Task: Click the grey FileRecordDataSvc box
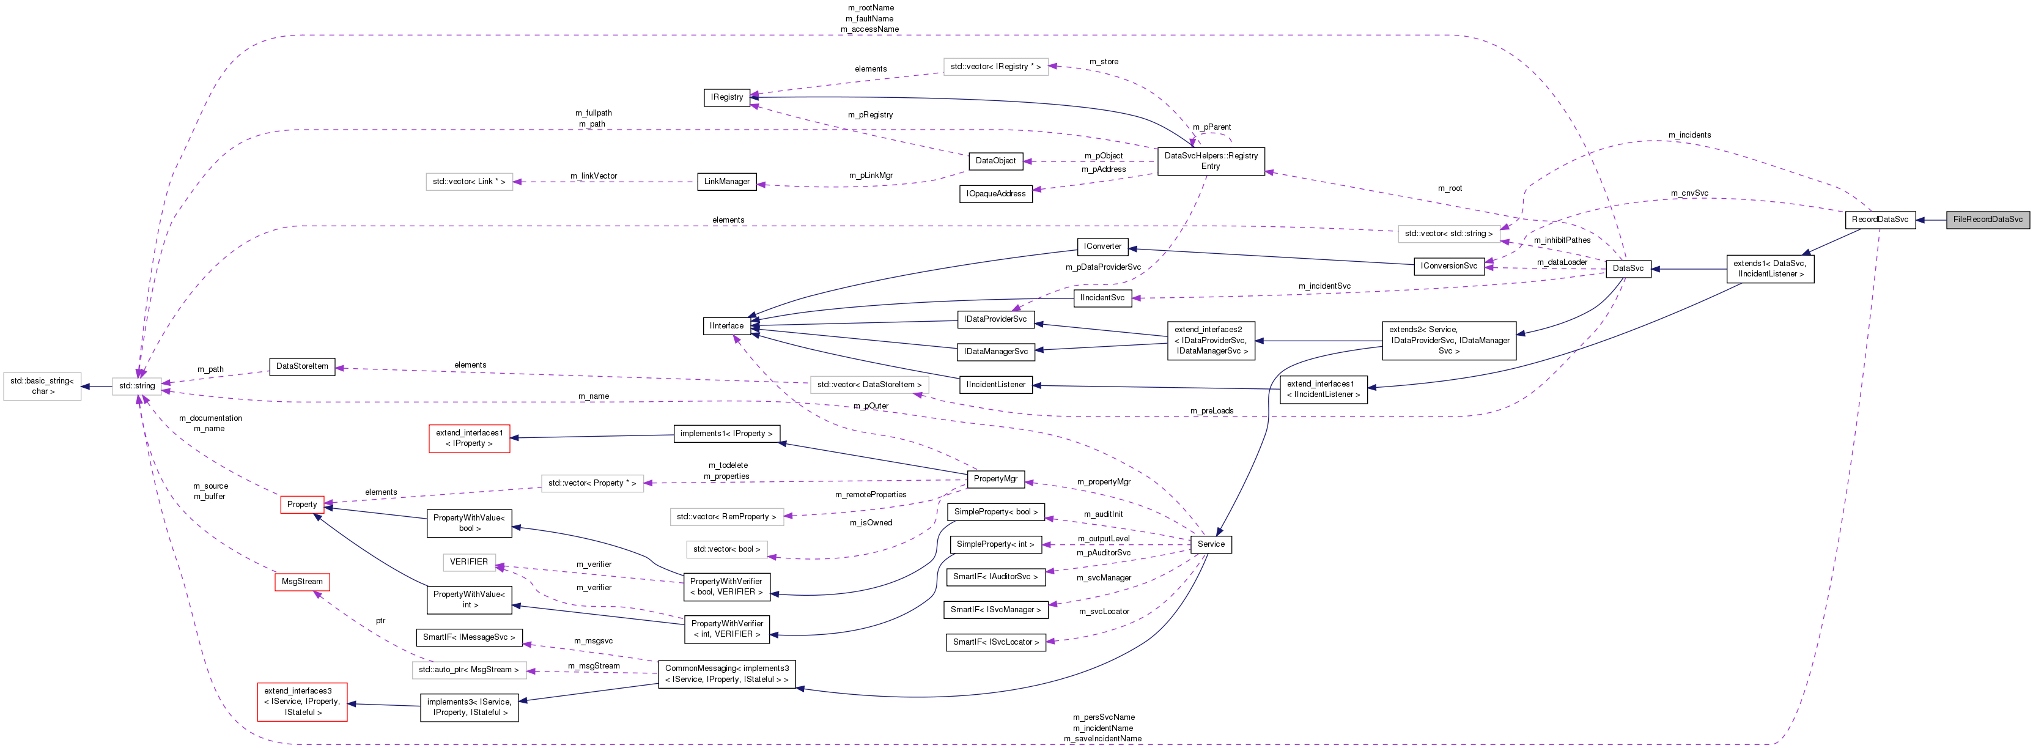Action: [1987, 220]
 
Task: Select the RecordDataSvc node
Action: [1880, 220]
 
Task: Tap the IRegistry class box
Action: [726, 98]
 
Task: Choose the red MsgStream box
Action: [301, 582]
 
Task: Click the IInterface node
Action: [726, 326]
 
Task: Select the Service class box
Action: [1211, 544]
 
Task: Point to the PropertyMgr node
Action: [995, 479]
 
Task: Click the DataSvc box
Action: [1628, 269]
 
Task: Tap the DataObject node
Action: [995, 161]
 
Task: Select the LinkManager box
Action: [726, 182]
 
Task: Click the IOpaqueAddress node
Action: [995, 194]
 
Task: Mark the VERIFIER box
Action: [469, 563]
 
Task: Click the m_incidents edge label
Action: [1689, 136]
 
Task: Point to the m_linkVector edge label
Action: [594, 176]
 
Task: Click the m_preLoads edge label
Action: [1211, 411]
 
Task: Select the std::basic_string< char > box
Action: [42, 387]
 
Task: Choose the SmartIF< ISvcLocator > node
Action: [995, 642]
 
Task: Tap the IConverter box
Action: [1102, 247]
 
